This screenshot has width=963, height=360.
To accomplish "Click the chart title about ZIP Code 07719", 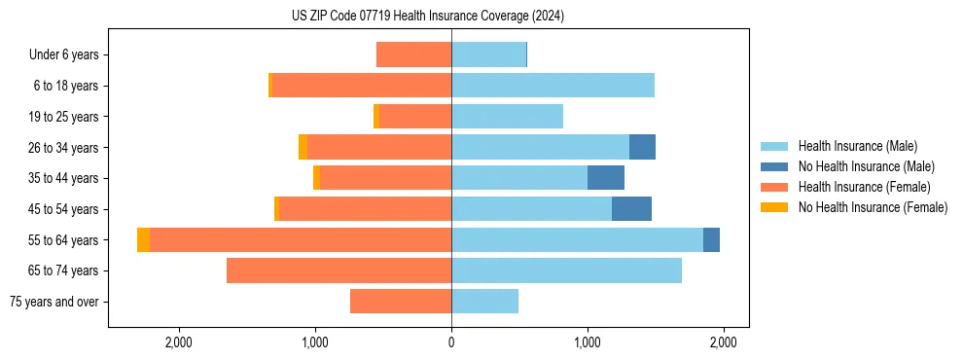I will [428, 17].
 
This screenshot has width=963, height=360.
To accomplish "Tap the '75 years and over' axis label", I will [53, 302].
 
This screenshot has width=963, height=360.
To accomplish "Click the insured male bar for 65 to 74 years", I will [566, 270].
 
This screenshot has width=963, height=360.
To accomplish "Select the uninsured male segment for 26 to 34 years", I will [642, 148].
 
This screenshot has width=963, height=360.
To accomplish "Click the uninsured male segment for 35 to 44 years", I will [606, 178].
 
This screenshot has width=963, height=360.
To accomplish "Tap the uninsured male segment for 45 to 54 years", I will [631, 209].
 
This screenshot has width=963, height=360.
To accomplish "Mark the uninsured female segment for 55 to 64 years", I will [144, 240].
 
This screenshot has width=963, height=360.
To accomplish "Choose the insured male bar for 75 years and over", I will [484, 302].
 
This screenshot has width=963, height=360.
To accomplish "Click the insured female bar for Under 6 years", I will [413, 55].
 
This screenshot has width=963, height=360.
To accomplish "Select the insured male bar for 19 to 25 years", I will [507, 117].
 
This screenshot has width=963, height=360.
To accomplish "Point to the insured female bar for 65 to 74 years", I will [339, 270].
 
